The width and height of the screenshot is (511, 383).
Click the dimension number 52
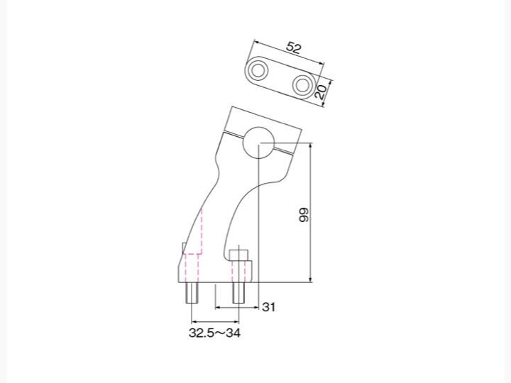click(x=293, y=48)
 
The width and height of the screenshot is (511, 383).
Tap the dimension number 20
click(x=321, y=91)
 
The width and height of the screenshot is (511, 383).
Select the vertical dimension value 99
click(x=304, y=215)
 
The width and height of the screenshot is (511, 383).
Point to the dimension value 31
click(x=268, y=307)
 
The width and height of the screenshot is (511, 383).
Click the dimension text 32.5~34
click(x=214, y=333)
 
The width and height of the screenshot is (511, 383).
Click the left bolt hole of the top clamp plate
click(x=258, y=70)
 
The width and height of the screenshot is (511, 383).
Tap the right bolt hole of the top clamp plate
click(x=302, y=84)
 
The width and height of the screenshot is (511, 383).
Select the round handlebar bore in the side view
click(x=259, y=143)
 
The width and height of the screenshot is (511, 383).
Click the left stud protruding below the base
click(x=192, y=292)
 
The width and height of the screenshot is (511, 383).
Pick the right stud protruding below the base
click(x=238, y=292)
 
